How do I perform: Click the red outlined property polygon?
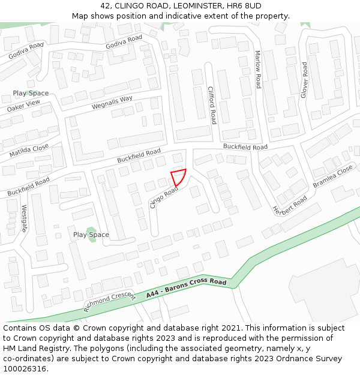tap(178, 178)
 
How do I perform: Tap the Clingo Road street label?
tap(164, 197)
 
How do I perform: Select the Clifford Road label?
tap(211, 105)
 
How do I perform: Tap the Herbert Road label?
tap(290, 206)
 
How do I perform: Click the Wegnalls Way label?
tap(112, 103)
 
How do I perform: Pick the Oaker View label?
tap(23, 106)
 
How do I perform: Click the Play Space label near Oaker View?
tap(31, 94)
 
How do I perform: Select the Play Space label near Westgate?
tap(91, 235)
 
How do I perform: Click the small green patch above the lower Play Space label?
tap(91, 229)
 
